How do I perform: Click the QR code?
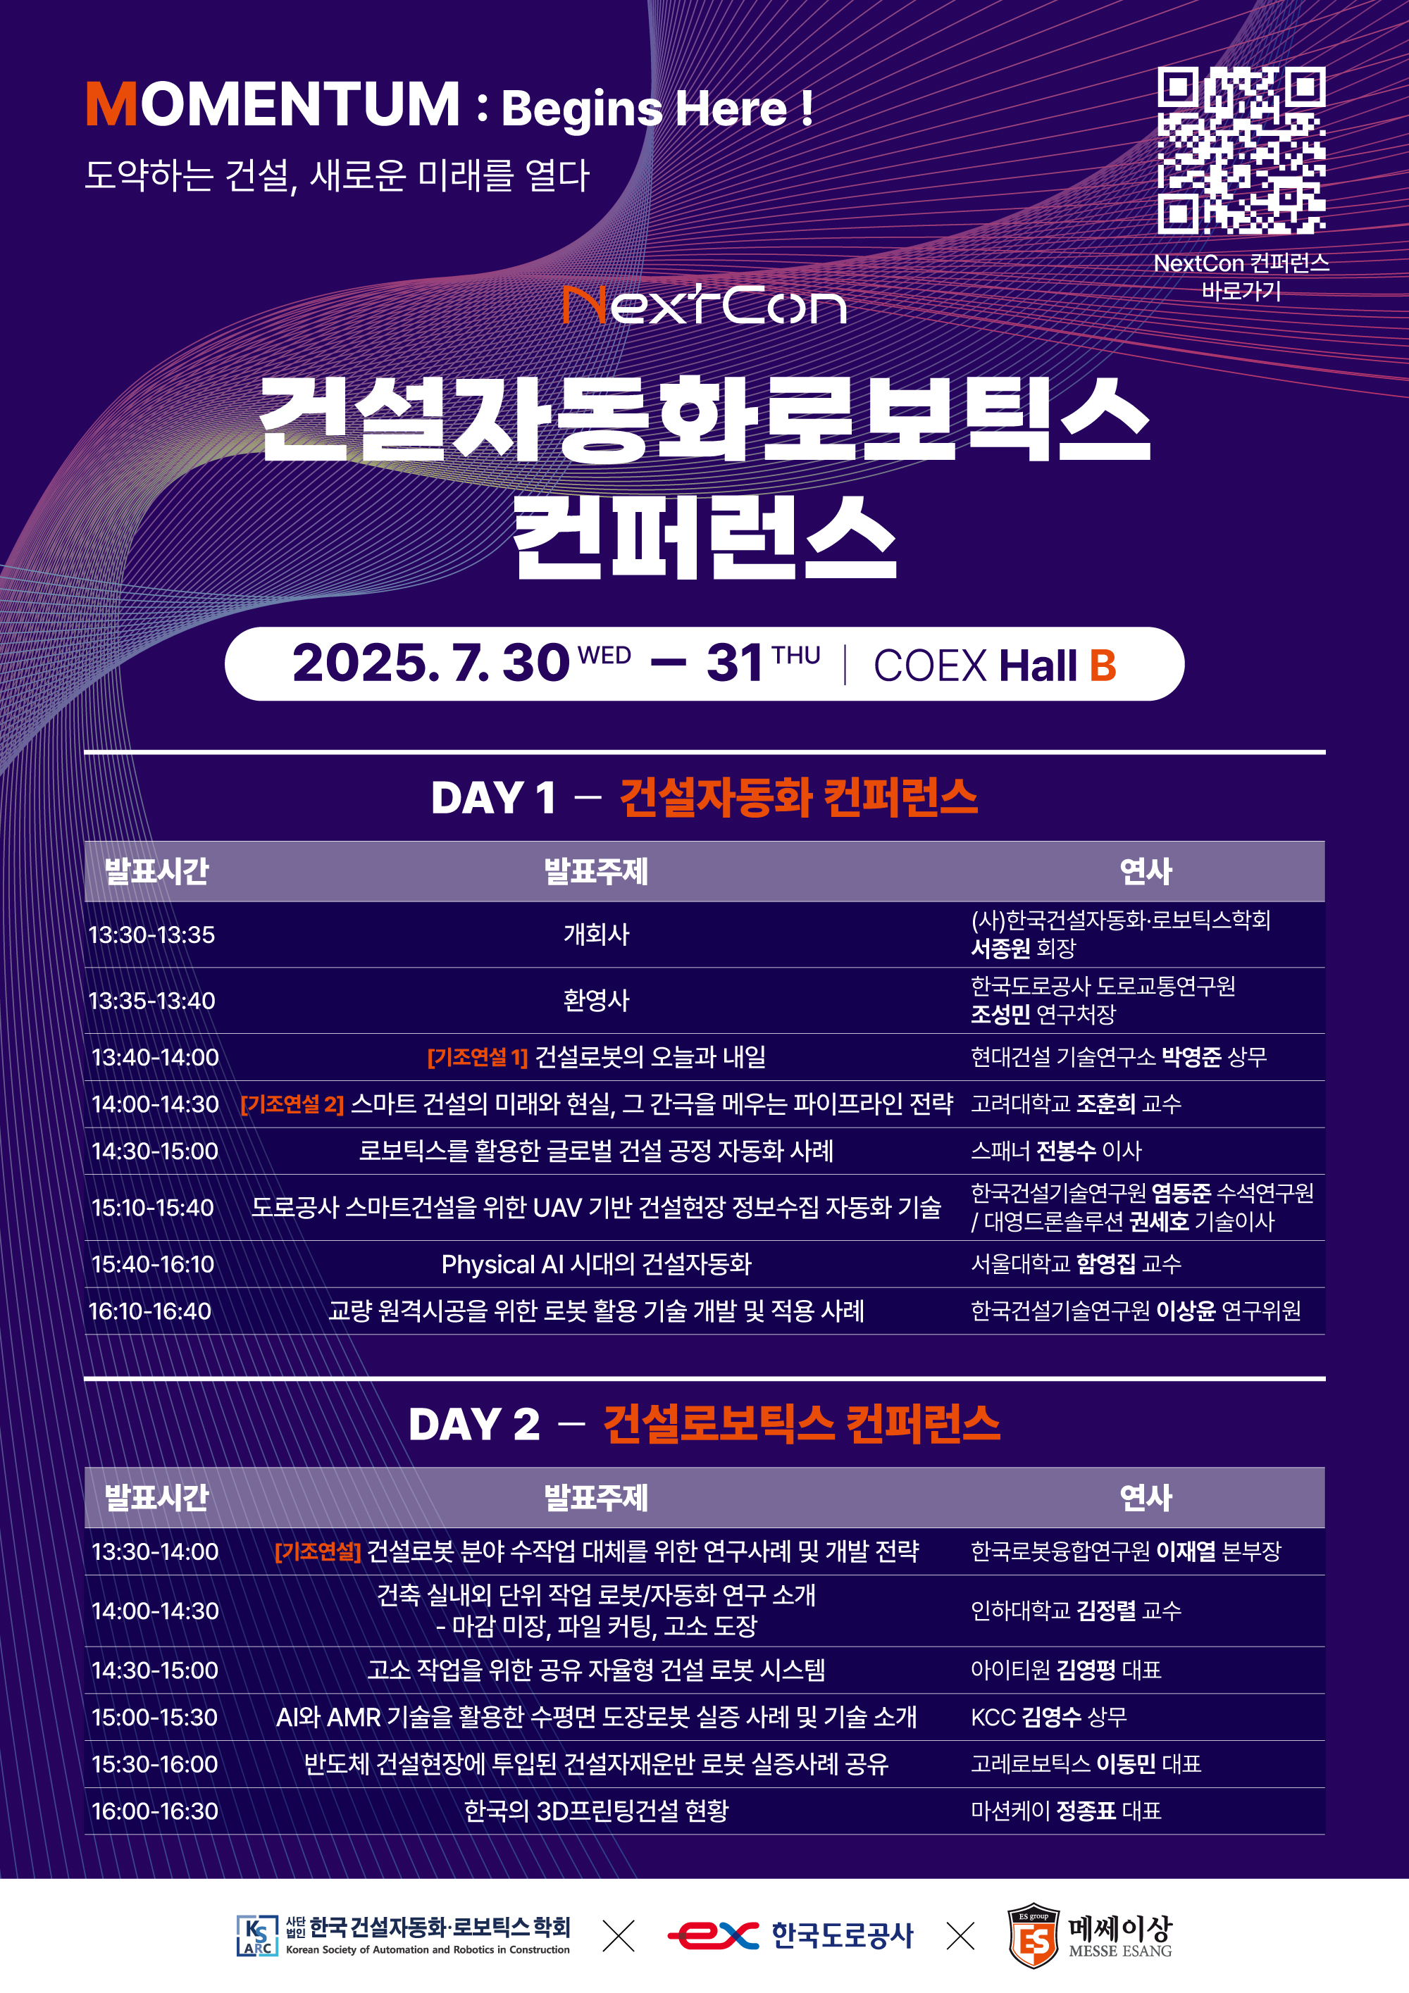coord(1241,150)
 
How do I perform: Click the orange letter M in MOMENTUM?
coord(112,104)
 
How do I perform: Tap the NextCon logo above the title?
coord(704,305)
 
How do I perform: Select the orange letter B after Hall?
coord(1103,666)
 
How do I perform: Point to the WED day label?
coord(604,656)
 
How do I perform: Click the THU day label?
coord(796,656)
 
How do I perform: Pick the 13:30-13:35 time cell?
coord(152,935)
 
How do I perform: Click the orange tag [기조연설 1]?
coord(478,1057)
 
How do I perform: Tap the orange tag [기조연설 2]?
coord(292,1104)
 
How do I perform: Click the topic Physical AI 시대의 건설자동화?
coord(597,1265)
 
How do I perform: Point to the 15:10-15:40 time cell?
coord(153,1208)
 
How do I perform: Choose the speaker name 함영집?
coord(1105,1264)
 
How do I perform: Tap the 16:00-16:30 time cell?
coord(154,1811)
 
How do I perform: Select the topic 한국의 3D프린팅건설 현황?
coord(597,1811)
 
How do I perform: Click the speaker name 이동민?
coord(1125,1764)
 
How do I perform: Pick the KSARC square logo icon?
coord(257,1936)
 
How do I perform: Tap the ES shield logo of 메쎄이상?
coord(1033,1937)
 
